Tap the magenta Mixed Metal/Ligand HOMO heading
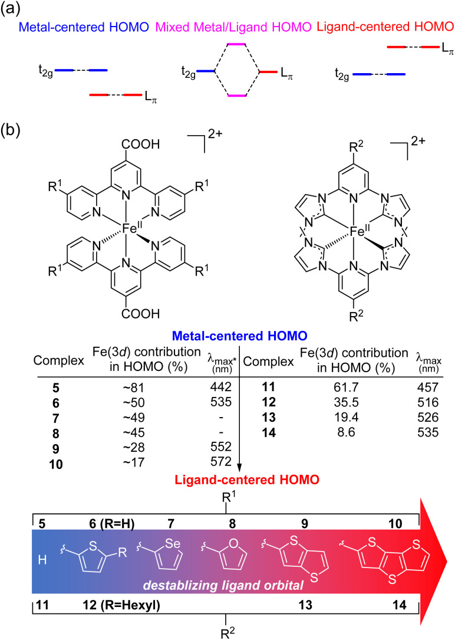[x=231, y=27]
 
